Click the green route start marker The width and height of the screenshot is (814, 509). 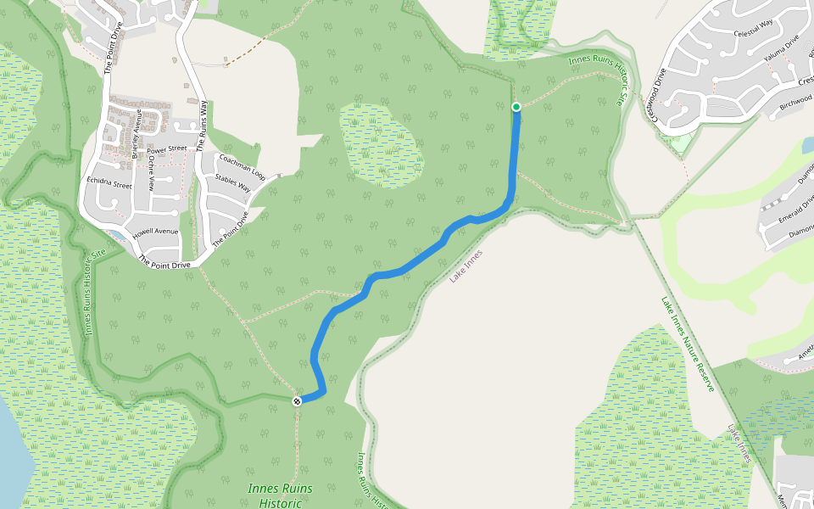516,107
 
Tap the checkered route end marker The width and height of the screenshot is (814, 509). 297,400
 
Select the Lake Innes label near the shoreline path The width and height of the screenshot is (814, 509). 466,266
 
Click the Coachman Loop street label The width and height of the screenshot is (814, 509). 243,165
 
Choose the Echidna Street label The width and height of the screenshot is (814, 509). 109,183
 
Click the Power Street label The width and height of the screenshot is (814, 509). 166,149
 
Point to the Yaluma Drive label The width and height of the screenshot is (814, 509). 780,51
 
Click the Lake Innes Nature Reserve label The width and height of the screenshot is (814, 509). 688,343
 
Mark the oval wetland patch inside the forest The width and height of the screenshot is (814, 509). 381,144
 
